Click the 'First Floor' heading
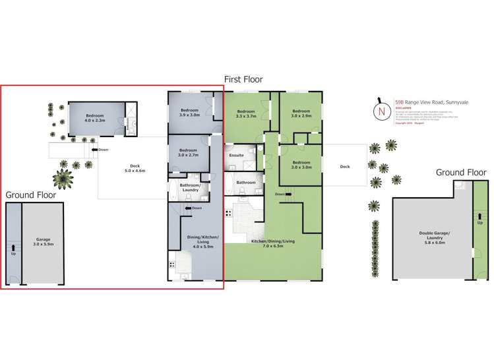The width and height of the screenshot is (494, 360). [x=243, y=79]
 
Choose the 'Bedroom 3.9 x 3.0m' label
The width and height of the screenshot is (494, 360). [x=190, y=112]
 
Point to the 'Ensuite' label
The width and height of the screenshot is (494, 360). [x=236, y=156]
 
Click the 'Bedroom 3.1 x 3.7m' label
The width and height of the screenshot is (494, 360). [x=246, y=113]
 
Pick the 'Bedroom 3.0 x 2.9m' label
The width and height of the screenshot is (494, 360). [x=301, y=113]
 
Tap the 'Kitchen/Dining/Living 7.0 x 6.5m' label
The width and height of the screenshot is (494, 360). [x=272, y=244]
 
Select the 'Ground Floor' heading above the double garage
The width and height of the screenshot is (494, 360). [x=461, y=173]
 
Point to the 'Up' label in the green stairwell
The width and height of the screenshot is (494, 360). [x=479, y=223]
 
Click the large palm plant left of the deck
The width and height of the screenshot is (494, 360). [x=64, y=177]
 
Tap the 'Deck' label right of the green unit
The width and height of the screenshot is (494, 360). [x=344, y=167]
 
